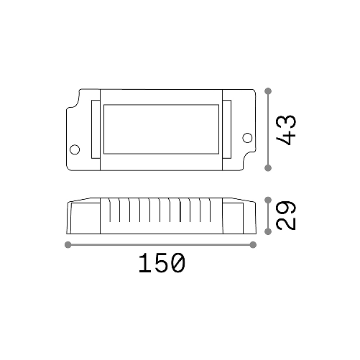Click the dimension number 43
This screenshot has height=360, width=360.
287,130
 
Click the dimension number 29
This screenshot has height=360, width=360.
287,215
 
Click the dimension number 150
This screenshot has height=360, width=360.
161,264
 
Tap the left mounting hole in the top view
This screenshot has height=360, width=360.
74,149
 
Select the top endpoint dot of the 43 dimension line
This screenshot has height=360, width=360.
268,91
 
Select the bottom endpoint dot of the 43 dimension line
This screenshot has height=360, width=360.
268,168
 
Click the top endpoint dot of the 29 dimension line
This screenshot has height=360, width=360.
268,199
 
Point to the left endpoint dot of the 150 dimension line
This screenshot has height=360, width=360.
68,245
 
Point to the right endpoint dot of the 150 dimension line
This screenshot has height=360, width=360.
254,245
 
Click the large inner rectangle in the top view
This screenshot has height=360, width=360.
161,130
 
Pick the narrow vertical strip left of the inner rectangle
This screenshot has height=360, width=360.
95,130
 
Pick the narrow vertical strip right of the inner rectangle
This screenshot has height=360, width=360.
226,130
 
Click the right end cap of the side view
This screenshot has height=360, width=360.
240,217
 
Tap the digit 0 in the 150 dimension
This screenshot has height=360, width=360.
177,264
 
